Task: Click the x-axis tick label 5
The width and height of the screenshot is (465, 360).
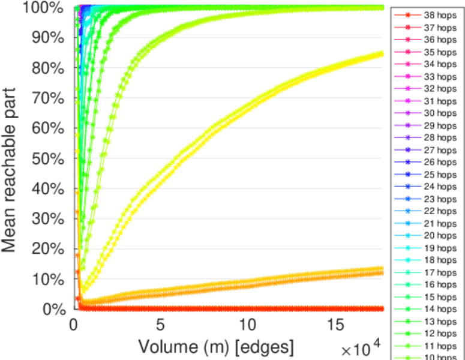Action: pyautogui.click(x=160, y=325)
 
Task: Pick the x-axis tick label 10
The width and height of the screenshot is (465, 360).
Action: pyautogui.click(x=246, y=325)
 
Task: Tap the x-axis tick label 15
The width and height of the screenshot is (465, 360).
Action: pyautogui.click(x=334, y=325)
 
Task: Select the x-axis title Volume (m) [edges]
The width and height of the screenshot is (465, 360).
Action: pyautogui.click(x=217, y=347)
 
